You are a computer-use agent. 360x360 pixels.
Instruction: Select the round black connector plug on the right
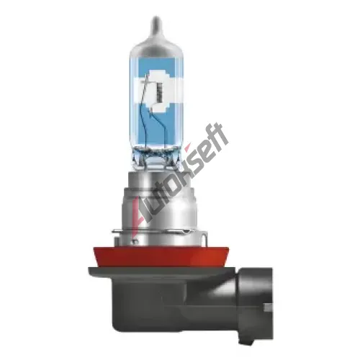point(256,304)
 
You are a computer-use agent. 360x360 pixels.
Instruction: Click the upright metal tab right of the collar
point(204,238)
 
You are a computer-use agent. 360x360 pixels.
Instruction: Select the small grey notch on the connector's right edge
point(269,307)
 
